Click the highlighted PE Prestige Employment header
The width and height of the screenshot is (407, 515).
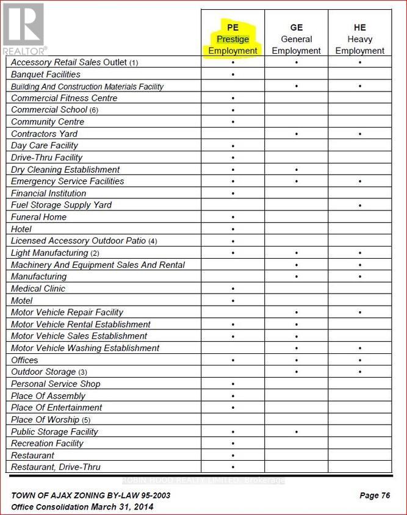click(x=232, y=39)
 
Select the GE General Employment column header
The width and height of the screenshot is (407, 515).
click(x=296, y=39)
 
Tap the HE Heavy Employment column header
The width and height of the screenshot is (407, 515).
click(x=359, y=39)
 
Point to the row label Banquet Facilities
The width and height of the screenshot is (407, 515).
click(x=46, y=74)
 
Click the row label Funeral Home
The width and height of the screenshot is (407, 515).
click(x=39, y=217)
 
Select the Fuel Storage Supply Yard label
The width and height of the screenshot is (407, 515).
click(x=62, y=205)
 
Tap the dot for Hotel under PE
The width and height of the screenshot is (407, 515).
click(x=233, y=229)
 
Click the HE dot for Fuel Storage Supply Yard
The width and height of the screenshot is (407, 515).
click(x=360, y=206)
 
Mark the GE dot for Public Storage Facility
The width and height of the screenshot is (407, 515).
click(x=297, y=432)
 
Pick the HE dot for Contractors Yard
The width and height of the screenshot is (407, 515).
click(x=360, y=134)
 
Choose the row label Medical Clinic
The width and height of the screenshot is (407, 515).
click(x=38, y=289)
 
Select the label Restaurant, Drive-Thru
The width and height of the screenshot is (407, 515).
click(x=56, y=467)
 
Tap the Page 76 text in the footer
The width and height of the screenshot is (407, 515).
click(x=375, y=495)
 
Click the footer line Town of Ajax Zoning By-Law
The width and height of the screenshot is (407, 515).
click(x=91, y=495)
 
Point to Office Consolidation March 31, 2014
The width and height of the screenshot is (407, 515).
click(x=82, y=507)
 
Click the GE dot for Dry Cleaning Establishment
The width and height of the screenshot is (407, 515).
click(x=297, y=170)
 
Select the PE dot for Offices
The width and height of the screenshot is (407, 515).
click(x=233, y=361)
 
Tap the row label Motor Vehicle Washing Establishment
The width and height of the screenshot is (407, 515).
click(x=85, y=348)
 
